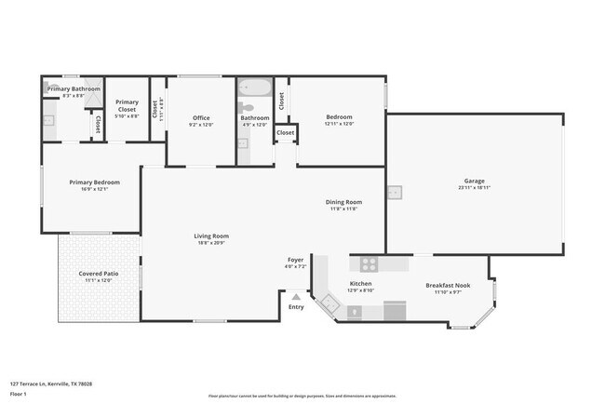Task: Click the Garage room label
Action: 475,181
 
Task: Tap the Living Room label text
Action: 211,236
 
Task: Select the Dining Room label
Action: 343,202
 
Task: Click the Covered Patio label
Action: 98,273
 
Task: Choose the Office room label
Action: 201,118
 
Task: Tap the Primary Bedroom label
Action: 89,182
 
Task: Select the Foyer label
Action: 294,261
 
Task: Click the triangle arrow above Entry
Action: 296,297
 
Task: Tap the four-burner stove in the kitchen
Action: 369,263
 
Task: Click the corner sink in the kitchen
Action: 327,303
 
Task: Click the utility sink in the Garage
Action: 395,193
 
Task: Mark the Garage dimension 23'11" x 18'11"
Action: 475,187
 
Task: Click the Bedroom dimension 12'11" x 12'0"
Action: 339,124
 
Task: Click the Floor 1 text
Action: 19,394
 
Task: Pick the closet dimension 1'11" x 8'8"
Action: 160,112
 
